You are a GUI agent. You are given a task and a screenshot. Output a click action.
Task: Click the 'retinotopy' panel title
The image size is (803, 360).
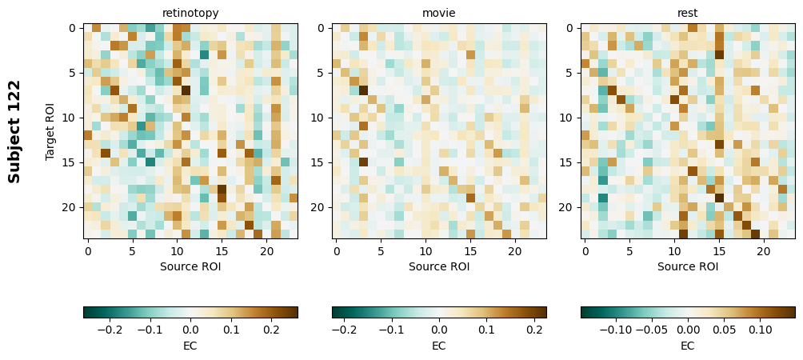coord(190,13)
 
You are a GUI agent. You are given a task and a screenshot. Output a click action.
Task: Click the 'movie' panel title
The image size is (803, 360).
coord(439,13)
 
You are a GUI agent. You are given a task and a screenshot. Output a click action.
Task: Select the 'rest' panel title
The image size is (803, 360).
coord(688,13)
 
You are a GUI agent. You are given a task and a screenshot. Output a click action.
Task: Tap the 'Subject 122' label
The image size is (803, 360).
coord(14,131)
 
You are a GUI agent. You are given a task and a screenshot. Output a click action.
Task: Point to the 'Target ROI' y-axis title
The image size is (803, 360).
coord(50,131)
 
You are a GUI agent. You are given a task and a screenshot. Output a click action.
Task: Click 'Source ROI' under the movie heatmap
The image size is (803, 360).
coord(439,266)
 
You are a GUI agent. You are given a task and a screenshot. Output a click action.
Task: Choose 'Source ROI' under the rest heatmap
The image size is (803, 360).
coord(688,266)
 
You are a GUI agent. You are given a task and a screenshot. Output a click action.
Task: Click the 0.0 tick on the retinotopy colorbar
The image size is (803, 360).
coord(190,329)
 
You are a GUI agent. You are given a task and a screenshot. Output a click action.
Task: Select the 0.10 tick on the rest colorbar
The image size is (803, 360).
coord(761,329)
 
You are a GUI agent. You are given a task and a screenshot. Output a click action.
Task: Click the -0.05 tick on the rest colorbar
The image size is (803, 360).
coord(652,329)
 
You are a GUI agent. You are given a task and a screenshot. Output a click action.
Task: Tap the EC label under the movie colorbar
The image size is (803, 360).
coord(439,346)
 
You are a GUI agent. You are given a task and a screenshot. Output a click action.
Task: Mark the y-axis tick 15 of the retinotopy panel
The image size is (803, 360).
coord(72,162)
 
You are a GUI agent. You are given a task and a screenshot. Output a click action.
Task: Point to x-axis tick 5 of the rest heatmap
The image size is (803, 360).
coord(629,250)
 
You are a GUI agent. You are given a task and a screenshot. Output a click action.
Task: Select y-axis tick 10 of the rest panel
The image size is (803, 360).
coord(569,118)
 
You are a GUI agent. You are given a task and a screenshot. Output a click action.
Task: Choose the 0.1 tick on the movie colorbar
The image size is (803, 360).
coord(485,329)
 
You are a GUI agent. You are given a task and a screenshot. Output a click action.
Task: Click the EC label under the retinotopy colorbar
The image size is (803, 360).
coord(190,346)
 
